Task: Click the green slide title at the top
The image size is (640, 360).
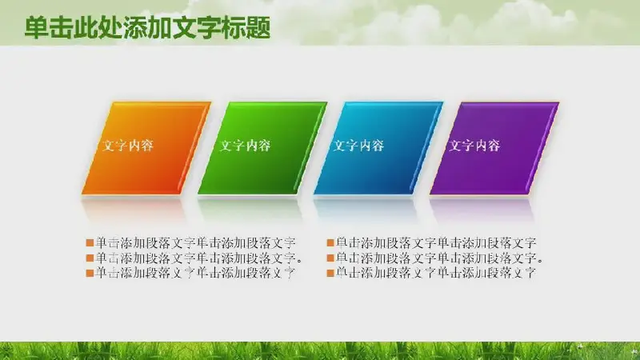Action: [x=147, y=28]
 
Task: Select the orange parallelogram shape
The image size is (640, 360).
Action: [x=146, y=148]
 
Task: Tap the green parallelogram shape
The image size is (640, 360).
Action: [x=262, y=148]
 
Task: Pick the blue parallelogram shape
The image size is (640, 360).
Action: [x=378, y=148]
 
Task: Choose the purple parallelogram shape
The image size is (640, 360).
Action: [x=494, y=148]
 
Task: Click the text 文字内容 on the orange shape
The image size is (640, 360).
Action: [x=128, y=146]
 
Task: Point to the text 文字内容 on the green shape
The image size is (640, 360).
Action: [x=245, y=146]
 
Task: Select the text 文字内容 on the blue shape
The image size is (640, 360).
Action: [x=358, y=146]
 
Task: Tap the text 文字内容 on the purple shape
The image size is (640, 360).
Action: [x=474, y=146]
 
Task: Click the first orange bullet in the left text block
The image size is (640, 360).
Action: [x=90, y=243]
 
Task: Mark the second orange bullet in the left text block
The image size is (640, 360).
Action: [x=90, y=258]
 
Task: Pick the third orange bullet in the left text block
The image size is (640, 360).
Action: [x=90, y=273]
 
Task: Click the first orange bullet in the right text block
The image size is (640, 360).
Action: [x=330, y=243]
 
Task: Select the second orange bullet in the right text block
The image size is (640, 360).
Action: [x=330, y=258]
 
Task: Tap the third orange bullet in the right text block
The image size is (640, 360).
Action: [x=330, y=273]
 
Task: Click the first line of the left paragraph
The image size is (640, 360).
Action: [x=195, y=243]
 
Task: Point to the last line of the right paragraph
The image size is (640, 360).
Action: [x=435, y=273]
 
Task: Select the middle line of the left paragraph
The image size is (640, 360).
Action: [x=199, y=258]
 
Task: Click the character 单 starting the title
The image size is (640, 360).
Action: [x=36, y=28]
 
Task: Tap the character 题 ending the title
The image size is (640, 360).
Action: [x=258, y=28]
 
